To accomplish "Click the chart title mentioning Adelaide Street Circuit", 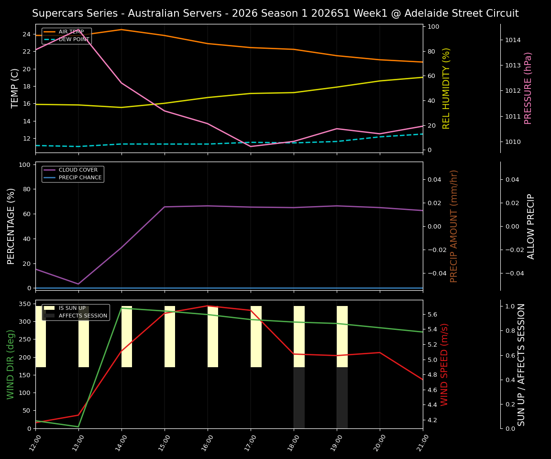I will (x=275, y=13).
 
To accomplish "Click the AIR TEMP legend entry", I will (x=71, y=32).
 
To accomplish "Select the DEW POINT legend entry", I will (x=74, y=39).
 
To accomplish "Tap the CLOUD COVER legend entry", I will (x=78, y=170).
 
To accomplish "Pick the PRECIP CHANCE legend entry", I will (x=80, y=178).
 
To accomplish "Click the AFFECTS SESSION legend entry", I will (x=83, y=316).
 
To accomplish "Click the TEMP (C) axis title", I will (x=15, y=88).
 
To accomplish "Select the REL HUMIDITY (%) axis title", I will (x=446, y=88).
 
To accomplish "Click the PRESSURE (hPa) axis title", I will (x=528, y=88).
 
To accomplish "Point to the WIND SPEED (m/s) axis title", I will (x=444, y=364).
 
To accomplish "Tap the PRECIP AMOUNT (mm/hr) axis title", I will (x=454, y=226).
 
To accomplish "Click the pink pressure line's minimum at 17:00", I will (x=251, y=146).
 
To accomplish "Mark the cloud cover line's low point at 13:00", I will (x=78, y=284).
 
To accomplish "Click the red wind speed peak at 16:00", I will (x=208, y=306).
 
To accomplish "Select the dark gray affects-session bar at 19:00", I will (x=342, y=398).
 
